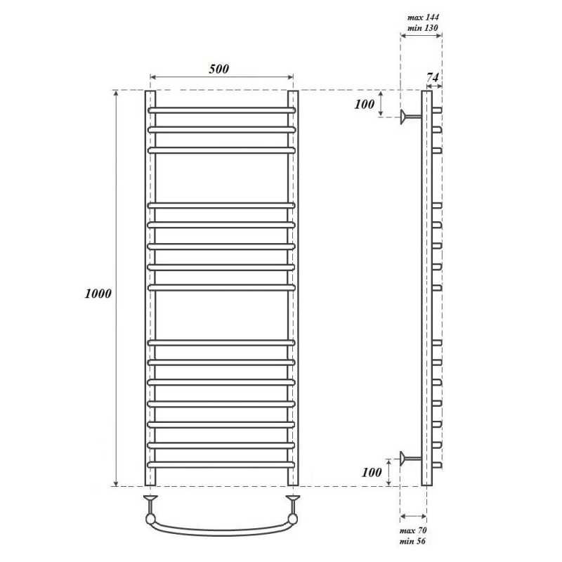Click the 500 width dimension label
[219, 68]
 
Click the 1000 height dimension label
[98, 294]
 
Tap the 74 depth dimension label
[433, 77]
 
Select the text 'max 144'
[423, 17]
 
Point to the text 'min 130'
[423, 27]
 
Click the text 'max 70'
[413, 530]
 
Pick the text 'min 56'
[412, 541]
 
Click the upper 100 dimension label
[364, 104]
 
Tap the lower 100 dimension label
[372, 472]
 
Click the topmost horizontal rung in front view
[222, 110]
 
